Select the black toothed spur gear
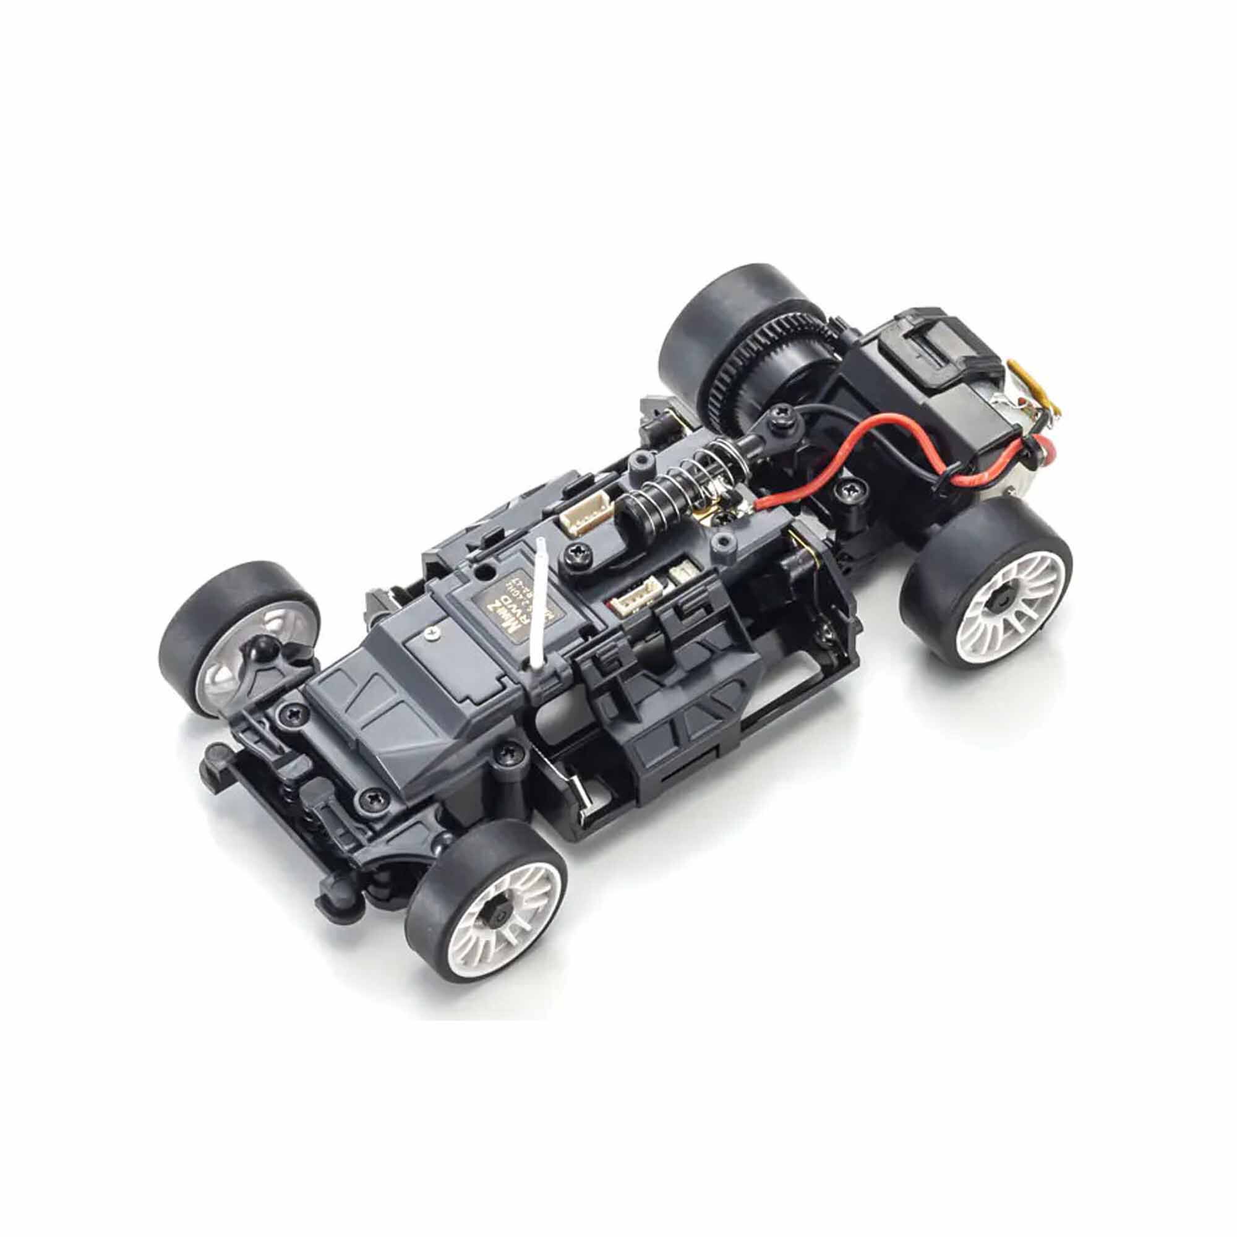(736, 365)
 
